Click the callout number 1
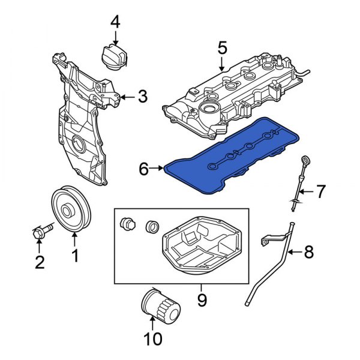[75, 257]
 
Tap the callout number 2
[40, 262]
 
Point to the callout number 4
[114, 23]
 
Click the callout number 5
[223, 47]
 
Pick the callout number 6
[143, 169]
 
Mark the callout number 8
[309, 253]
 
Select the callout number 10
[153, 339]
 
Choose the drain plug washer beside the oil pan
[152, 227]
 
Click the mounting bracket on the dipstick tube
[266, 241]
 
